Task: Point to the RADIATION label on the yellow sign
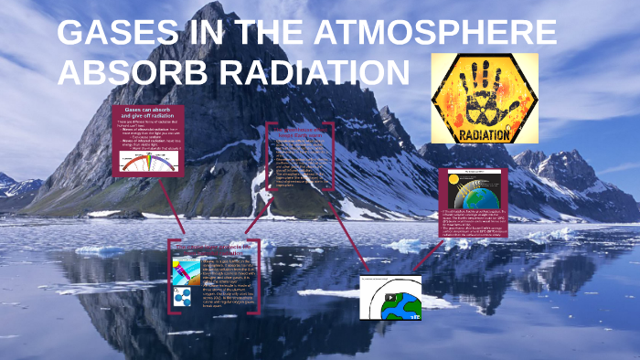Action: [484, 133]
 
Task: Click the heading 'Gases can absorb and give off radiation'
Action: [147, 114]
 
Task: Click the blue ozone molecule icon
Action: [181, 296]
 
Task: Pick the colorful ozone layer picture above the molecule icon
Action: [181, 270]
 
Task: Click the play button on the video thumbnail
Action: [390, 298]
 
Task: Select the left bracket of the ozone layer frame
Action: [171, 279]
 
